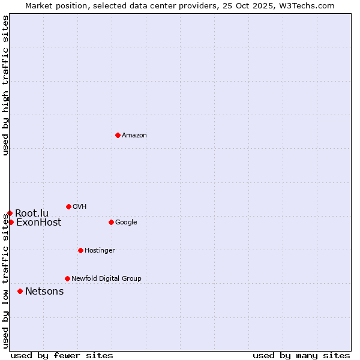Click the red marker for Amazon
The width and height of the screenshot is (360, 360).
(118, 135)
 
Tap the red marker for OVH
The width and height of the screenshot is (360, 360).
(68, 206)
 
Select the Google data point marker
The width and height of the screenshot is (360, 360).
(111, 222)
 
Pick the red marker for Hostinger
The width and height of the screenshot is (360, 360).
(80, 250)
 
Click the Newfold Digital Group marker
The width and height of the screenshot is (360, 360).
(67, 278)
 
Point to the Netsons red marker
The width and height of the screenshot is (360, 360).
(20, 291)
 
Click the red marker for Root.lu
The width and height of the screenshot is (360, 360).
(10, 213)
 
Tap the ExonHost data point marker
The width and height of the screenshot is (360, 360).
(11, 222)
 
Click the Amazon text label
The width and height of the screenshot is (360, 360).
(134, 136)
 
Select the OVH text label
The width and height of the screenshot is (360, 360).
(80, 207)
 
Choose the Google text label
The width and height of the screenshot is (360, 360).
(126, 223)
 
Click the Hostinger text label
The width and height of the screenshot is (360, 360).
(100, 251)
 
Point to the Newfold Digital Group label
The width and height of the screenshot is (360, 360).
(106, 279)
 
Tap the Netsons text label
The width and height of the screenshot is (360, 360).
(44, 292)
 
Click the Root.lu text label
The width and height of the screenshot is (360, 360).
(32, 214)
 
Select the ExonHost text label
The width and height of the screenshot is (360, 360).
(38, 223)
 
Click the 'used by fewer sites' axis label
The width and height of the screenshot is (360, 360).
(62, 355)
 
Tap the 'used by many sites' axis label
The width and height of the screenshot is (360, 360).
(301, 355)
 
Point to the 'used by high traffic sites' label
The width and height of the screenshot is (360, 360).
(6, 85)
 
